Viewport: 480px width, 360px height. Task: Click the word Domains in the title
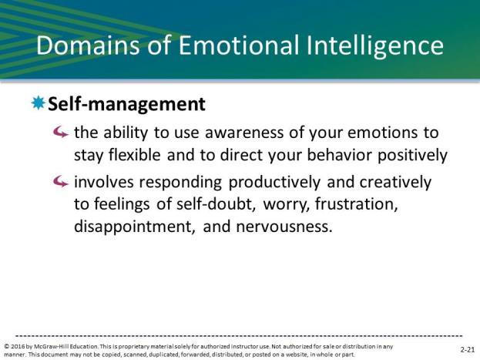click(x=88, y=45)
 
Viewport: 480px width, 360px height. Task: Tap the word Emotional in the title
click(x=239, y=45)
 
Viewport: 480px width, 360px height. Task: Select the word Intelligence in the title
click(x=374, y=46)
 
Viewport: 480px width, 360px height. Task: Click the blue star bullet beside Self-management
click(x=39, y=103)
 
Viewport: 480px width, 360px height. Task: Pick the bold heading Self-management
click(x=126, y=104)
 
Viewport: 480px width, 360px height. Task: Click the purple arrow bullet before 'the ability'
click(x=60, y=132)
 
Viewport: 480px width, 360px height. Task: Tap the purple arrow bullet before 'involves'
click(x=60, y=182)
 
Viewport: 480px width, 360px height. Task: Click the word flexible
click(x=134, y=154)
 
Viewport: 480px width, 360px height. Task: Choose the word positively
click(x=412, y=155)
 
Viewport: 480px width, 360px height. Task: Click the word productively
click(x=274, y=183)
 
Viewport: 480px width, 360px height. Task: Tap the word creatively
click(x=395, y=183)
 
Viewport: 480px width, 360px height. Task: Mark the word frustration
click(x=356, y=204)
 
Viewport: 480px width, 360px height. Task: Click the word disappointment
click(x=135, y=227)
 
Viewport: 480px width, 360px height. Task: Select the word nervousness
click(x=284, y=227)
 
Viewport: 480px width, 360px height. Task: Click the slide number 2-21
click(x=468, y=349)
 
